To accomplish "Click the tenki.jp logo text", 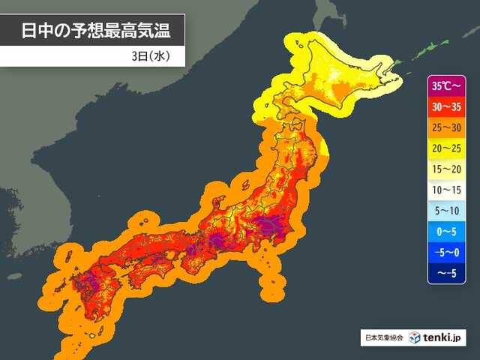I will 445,337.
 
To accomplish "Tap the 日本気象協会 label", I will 383,338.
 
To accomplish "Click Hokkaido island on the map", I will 337,82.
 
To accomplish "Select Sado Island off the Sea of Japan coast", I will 245,182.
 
